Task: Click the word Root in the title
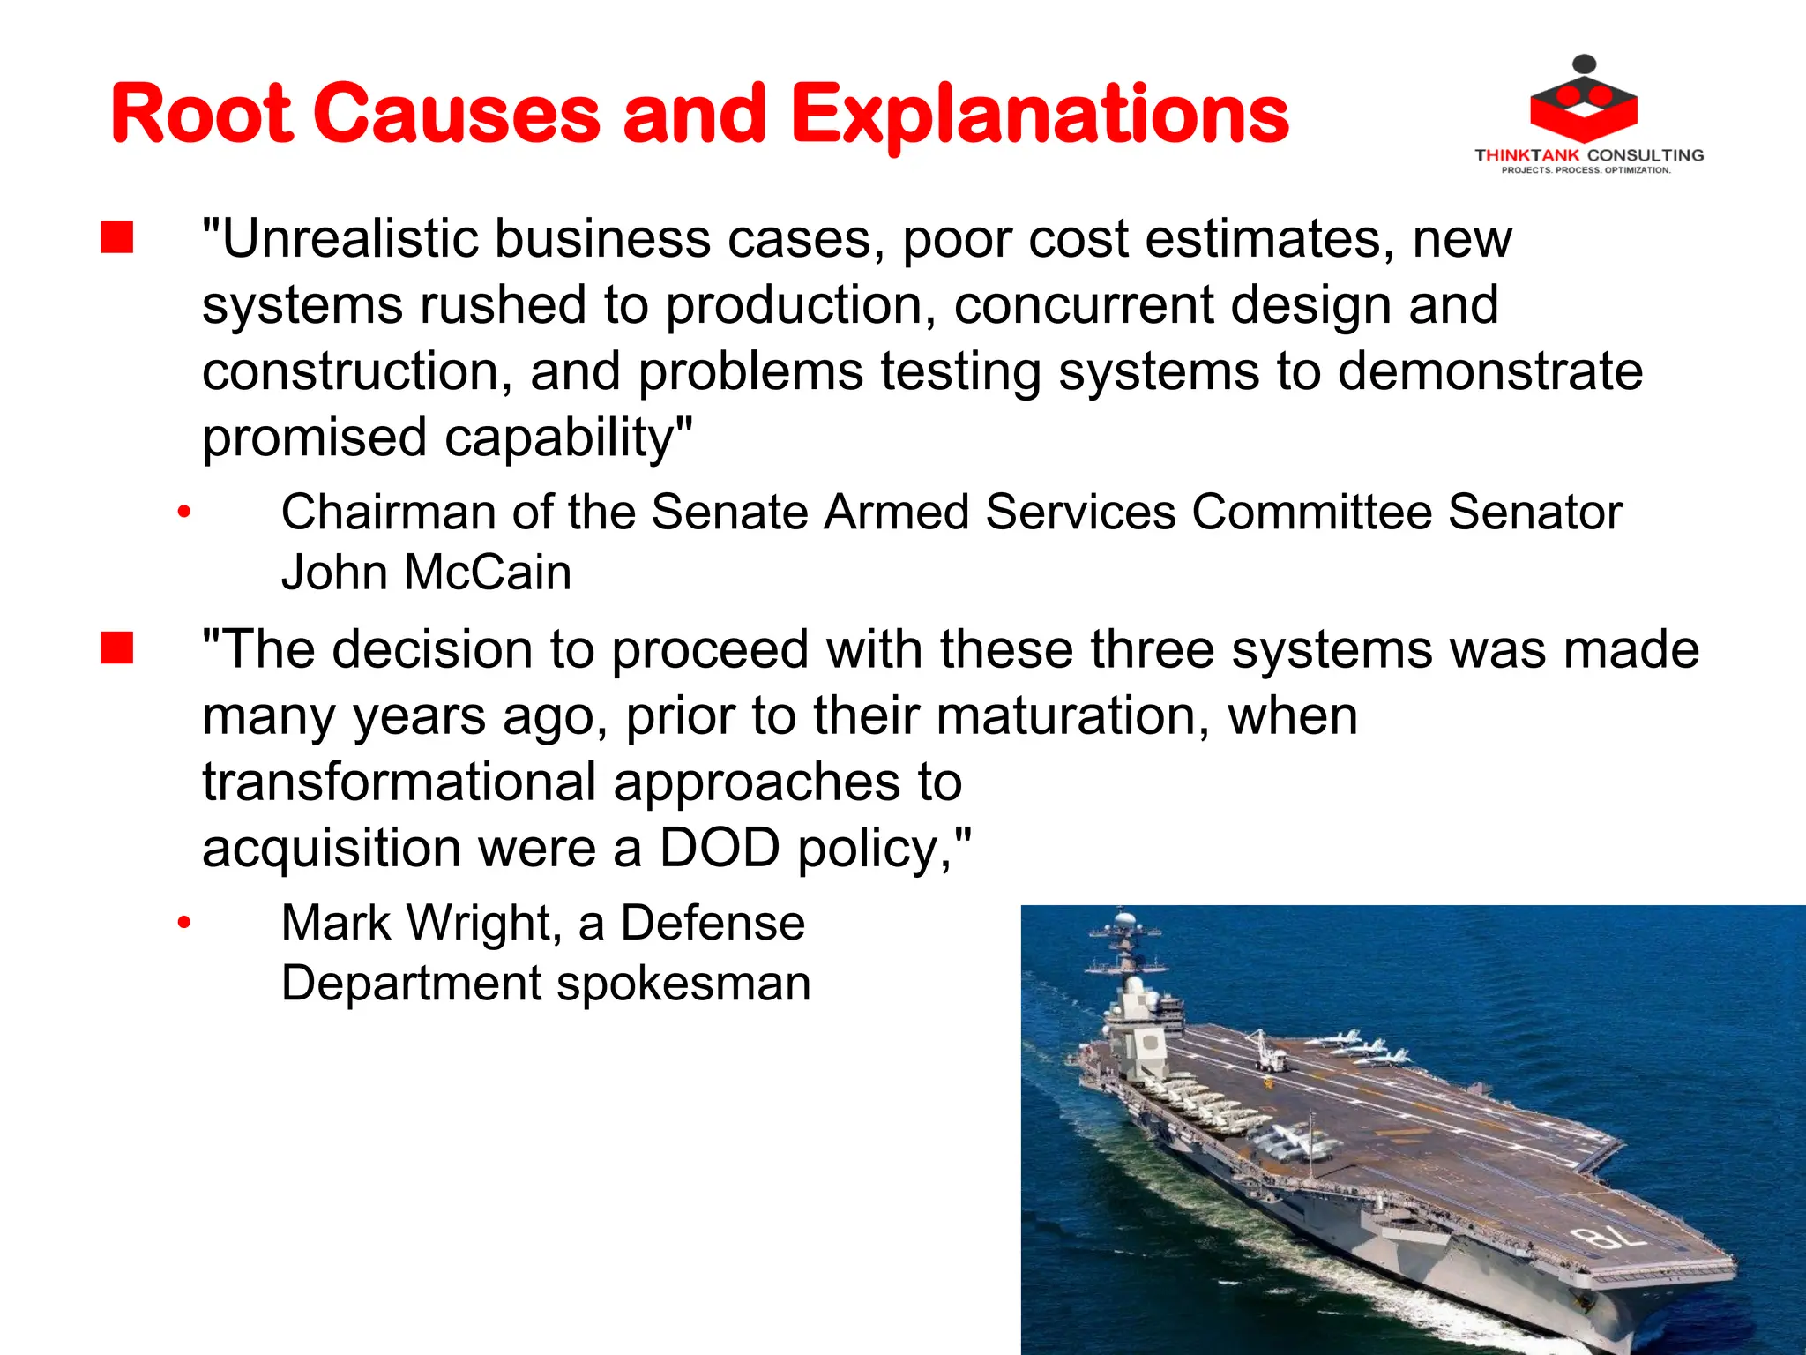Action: click(201, 115)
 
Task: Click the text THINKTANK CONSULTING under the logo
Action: click(1589, 155)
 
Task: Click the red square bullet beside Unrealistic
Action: click(116, 238)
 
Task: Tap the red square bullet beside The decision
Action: click(116, 648)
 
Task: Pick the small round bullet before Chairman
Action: click(183, 513)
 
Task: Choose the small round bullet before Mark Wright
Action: click(183, 924)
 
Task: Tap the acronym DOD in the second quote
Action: click(720, 849)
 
